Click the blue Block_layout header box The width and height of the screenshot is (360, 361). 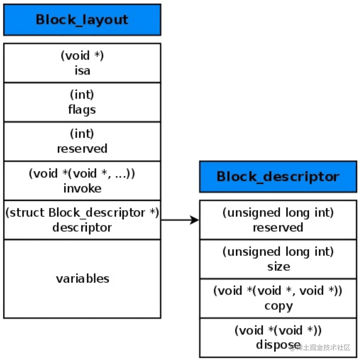82,20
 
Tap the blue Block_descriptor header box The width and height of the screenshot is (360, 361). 278,177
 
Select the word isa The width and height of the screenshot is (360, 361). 82,71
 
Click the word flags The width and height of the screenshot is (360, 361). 82,110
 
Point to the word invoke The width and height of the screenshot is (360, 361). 82,188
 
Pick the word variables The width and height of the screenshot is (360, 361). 83,279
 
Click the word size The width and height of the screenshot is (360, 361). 279,267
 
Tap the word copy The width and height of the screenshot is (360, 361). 279,306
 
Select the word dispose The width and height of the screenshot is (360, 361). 279,345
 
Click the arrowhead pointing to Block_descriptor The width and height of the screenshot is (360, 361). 194,220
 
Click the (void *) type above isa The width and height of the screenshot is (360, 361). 82,55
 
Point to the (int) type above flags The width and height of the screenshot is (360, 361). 82,95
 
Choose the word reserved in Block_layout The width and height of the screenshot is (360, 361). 82,149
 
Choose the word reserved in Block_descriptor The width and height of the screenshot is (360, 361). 278,228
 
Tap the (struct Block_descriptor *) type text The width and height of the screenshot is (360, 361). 82,212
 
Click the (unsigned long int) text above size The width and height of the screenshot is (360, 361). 278,252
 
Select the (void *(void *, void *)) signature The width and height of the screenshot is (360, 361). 278,291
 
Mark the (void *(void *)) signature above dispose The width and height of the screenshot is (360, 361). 278,330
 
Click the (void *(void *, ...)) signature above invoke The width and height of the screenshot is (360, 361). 82,173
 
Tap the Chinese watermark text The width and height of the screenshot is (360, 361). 320,347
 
